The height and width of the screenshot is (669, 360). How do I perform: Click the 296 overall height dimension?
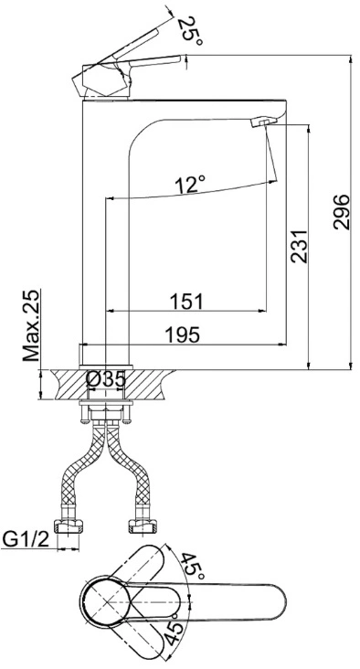[x=341, y=212]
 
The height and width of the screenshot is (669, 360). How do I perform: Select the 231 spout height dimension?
[x=299, y=247]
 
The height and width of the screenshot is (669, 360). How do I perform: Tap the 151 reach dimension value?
[x=186, y=302]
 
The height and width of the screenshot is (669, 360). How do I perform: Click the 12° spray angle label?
[x=190, y=185]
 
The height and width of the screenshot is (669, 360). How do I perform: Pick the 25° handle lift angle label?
[x=189, y=31]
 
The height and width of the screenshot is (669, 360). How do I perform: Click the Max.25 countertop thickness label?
[x=31, y=325]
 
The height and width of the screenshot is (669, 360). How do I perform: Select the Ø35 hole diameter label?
[x=106, y=379]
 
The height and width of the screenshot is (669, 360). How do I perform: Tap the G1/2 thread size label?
[x=26, y=539]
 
